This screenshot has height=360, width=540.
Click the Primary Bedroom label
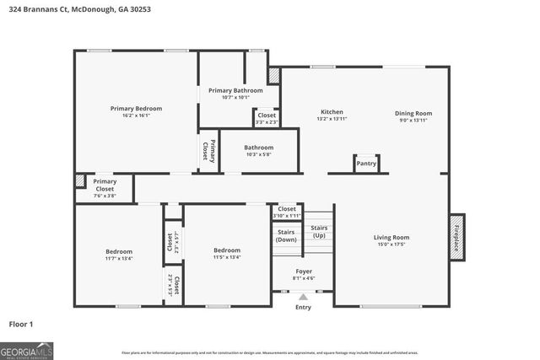pyautogui.click(x=136, y=108)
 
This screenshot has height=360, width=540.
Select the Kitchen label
pyautogui.click(x=331, y=112)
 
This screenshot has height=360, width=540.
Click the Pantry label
pyautogui.click(x=366, y=164)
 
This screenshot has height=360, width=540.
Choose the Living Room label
pyautogui.click(x=391, y=237)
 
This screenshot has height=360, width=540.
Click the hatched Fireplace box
pyautogui.click(x=456, y=237)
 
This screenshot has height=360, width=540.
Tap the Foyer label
pyautogui.click(x=304, y=271)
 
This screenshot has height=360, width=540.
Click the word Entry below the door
pyautogui.click(x=303, y=307)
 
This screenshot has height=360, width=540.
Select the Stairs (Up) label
pyautogui.click(x=319, y=231)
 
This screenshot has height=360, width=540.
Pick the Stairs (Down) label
pyautogui.click(x=286, y=235)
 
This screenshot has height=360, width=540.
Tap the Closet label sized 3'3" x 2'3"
pyautogui.click(x=266, y=116)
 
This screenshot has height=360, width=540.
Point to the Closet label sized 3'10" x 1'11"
pyautogui.click(x=287, y=209)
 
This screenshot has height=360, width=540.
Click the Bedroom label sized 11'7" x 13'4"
pyautogui.click(x=118, y=251)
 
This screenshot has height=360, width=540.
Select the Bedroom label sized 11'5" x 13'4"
pyautogui.click(x=226, y=250)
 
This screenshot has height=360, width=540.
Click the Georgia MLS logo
pyautogui.click(x=26, y=349)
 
